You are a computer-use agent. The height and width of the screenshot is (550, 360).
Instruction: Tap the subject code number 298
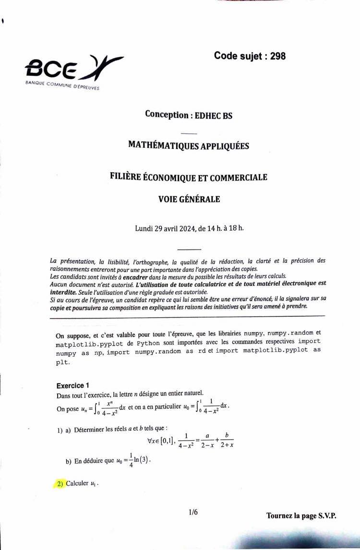[278, 56]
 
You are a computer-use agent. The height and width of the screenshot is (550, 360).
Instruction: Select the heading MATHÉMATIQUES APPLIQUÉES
[189, 145]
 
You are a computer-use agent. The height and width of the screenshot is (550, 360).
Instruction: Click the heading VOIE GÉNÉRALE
[189, 199]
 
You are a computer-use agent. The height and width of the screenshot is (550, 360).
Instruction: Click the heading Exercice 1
[73, 385]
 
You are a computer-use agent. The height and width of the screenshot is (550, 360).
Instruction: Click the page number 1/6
[193, 512]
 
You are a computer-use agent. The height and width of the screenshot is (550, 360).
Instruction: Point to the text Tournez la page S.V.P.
[301, 516]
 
